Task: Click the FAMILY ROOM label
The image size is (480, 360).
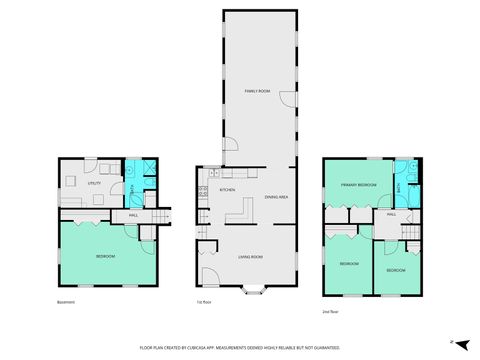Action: tap(258, 91)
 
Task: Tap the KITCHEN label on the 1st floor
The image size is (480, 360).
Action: tap(228, 189)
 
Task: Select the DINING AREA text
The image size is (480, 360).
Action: tap(277, 197)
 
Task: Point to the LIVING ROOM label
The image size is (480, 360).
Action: tap(251, 257)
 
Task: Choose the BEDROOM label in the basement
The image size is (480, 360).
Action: tap(105, 257)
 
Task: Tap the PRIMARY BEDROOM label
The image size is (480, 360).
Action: tap(357, 185)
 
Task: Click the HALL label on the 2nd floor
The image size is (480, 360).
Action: tap(392, 213)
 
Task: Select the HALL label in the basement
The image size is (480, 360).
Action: tap(132, 213)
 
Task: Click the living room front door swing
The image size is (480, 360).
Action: tap(210, 275)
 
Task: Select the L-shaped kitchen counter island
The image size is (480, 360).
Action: tap(240, 209)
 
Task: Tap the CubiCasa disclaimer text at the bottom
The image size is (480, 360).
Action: tap(240, 347)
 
